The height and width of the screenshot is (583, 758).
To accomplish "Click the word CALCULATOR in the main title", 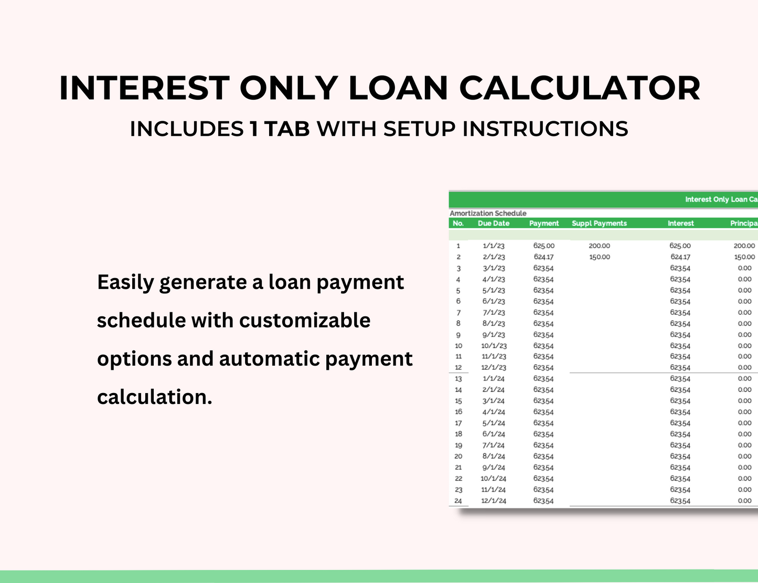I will pos(580,88).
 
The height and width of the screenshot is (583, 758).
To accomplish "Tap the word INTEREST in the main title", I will pos(144,88).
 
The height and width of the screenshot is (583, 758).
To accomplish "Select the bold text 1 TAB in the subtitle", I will pos(280,129).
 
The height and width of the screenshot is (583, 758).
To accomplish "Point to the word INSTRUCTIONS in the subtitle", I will pos(545,129).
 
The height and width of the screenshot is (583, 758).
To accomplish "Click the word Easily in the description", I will pos(125,282).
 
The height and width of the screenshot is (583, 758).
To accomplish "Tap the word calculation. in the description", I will pos(155,397).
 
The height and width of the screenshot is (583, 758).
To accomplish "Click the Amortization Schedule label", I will pos(488,213).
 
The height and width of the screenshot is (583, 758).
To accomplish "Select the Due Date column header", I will pos(494,224).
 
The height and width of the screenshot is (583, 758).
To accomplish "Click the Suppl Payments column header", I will pos(599,224).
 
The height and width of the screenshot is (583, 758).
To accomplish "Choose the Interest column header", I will pos(680,224).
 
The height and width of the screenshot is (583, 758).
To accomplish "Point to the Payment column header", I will pos(544,224).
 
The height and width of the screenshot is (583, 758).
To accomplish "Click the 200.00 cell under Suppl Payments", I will pos(599,246).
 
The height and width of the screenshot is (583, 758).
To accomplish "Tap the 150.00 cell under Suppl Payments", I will pos(599,257).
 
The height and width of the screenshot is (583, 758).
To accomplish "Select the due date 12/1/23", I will pos(494,368).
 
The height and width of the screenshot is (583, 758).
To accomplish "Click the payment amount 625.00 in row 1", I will pos(543,246).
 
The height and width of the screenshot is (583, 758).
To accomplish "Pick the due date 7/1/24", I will pos(494,446).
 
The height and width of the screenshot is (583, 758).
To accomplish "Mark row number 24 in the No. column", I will pos(458,501).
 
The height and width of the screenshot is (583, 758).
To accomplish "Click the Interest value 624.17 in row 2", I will pos(680,257).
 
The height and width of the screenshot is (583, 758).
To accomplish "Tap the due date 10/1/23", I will pos(494,346).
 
